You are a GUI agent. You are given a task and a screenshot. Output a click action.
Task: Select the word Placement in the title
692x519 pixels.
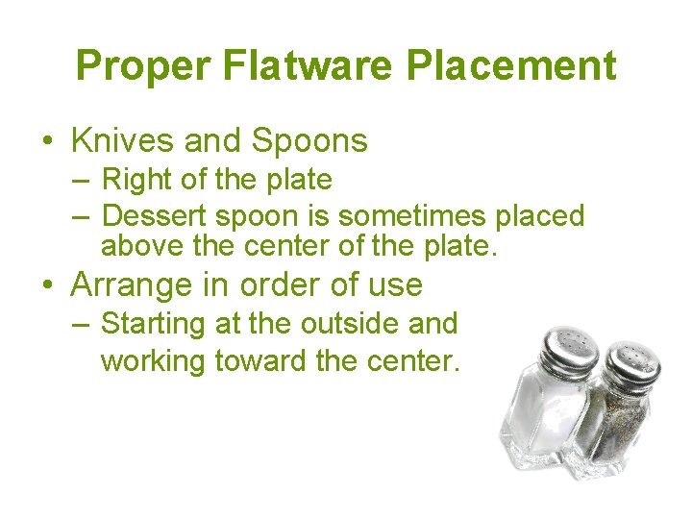[x=511, y=65]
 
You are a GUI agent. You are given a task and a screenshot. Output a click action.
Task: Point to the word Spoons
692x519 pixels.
[x=309, y=142]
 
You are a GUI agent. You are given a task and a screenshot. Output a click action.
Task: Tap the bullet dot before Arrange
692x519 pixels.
[x=47, y=285]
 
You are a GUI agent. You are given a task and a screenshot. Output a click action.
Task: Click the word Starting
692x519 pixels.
[x=154, y=325]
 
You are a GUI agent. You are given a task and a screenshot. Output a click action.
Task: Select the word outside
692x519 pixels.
[x=349, y=324]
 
